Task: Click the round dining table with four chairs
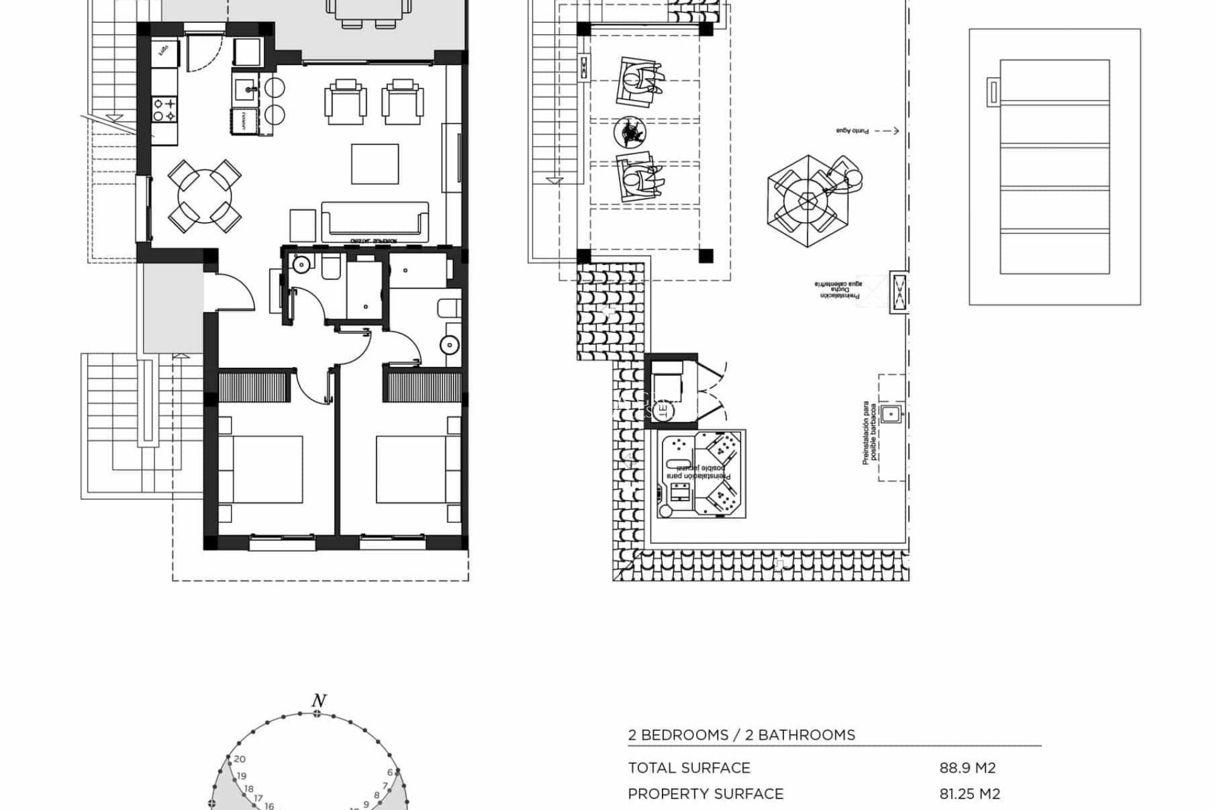204,196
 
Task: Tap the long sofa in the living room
375,221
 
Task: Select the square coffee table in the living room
375,164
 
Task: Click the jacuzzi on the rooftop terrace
701,475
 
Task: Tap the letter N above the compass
319,701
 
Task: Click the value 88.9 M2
968,768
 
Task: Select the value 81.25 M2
969,794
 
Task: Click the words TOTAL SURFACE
688,768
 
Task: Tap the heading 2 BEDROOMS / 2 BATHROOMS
741,735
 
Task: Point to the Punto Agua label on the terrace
852,131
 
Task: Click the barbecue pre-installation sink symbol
890,414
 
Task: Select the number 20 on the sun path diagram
239,759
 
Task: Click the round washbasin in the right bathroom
450,345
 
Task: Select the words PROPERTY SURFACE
705,794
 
